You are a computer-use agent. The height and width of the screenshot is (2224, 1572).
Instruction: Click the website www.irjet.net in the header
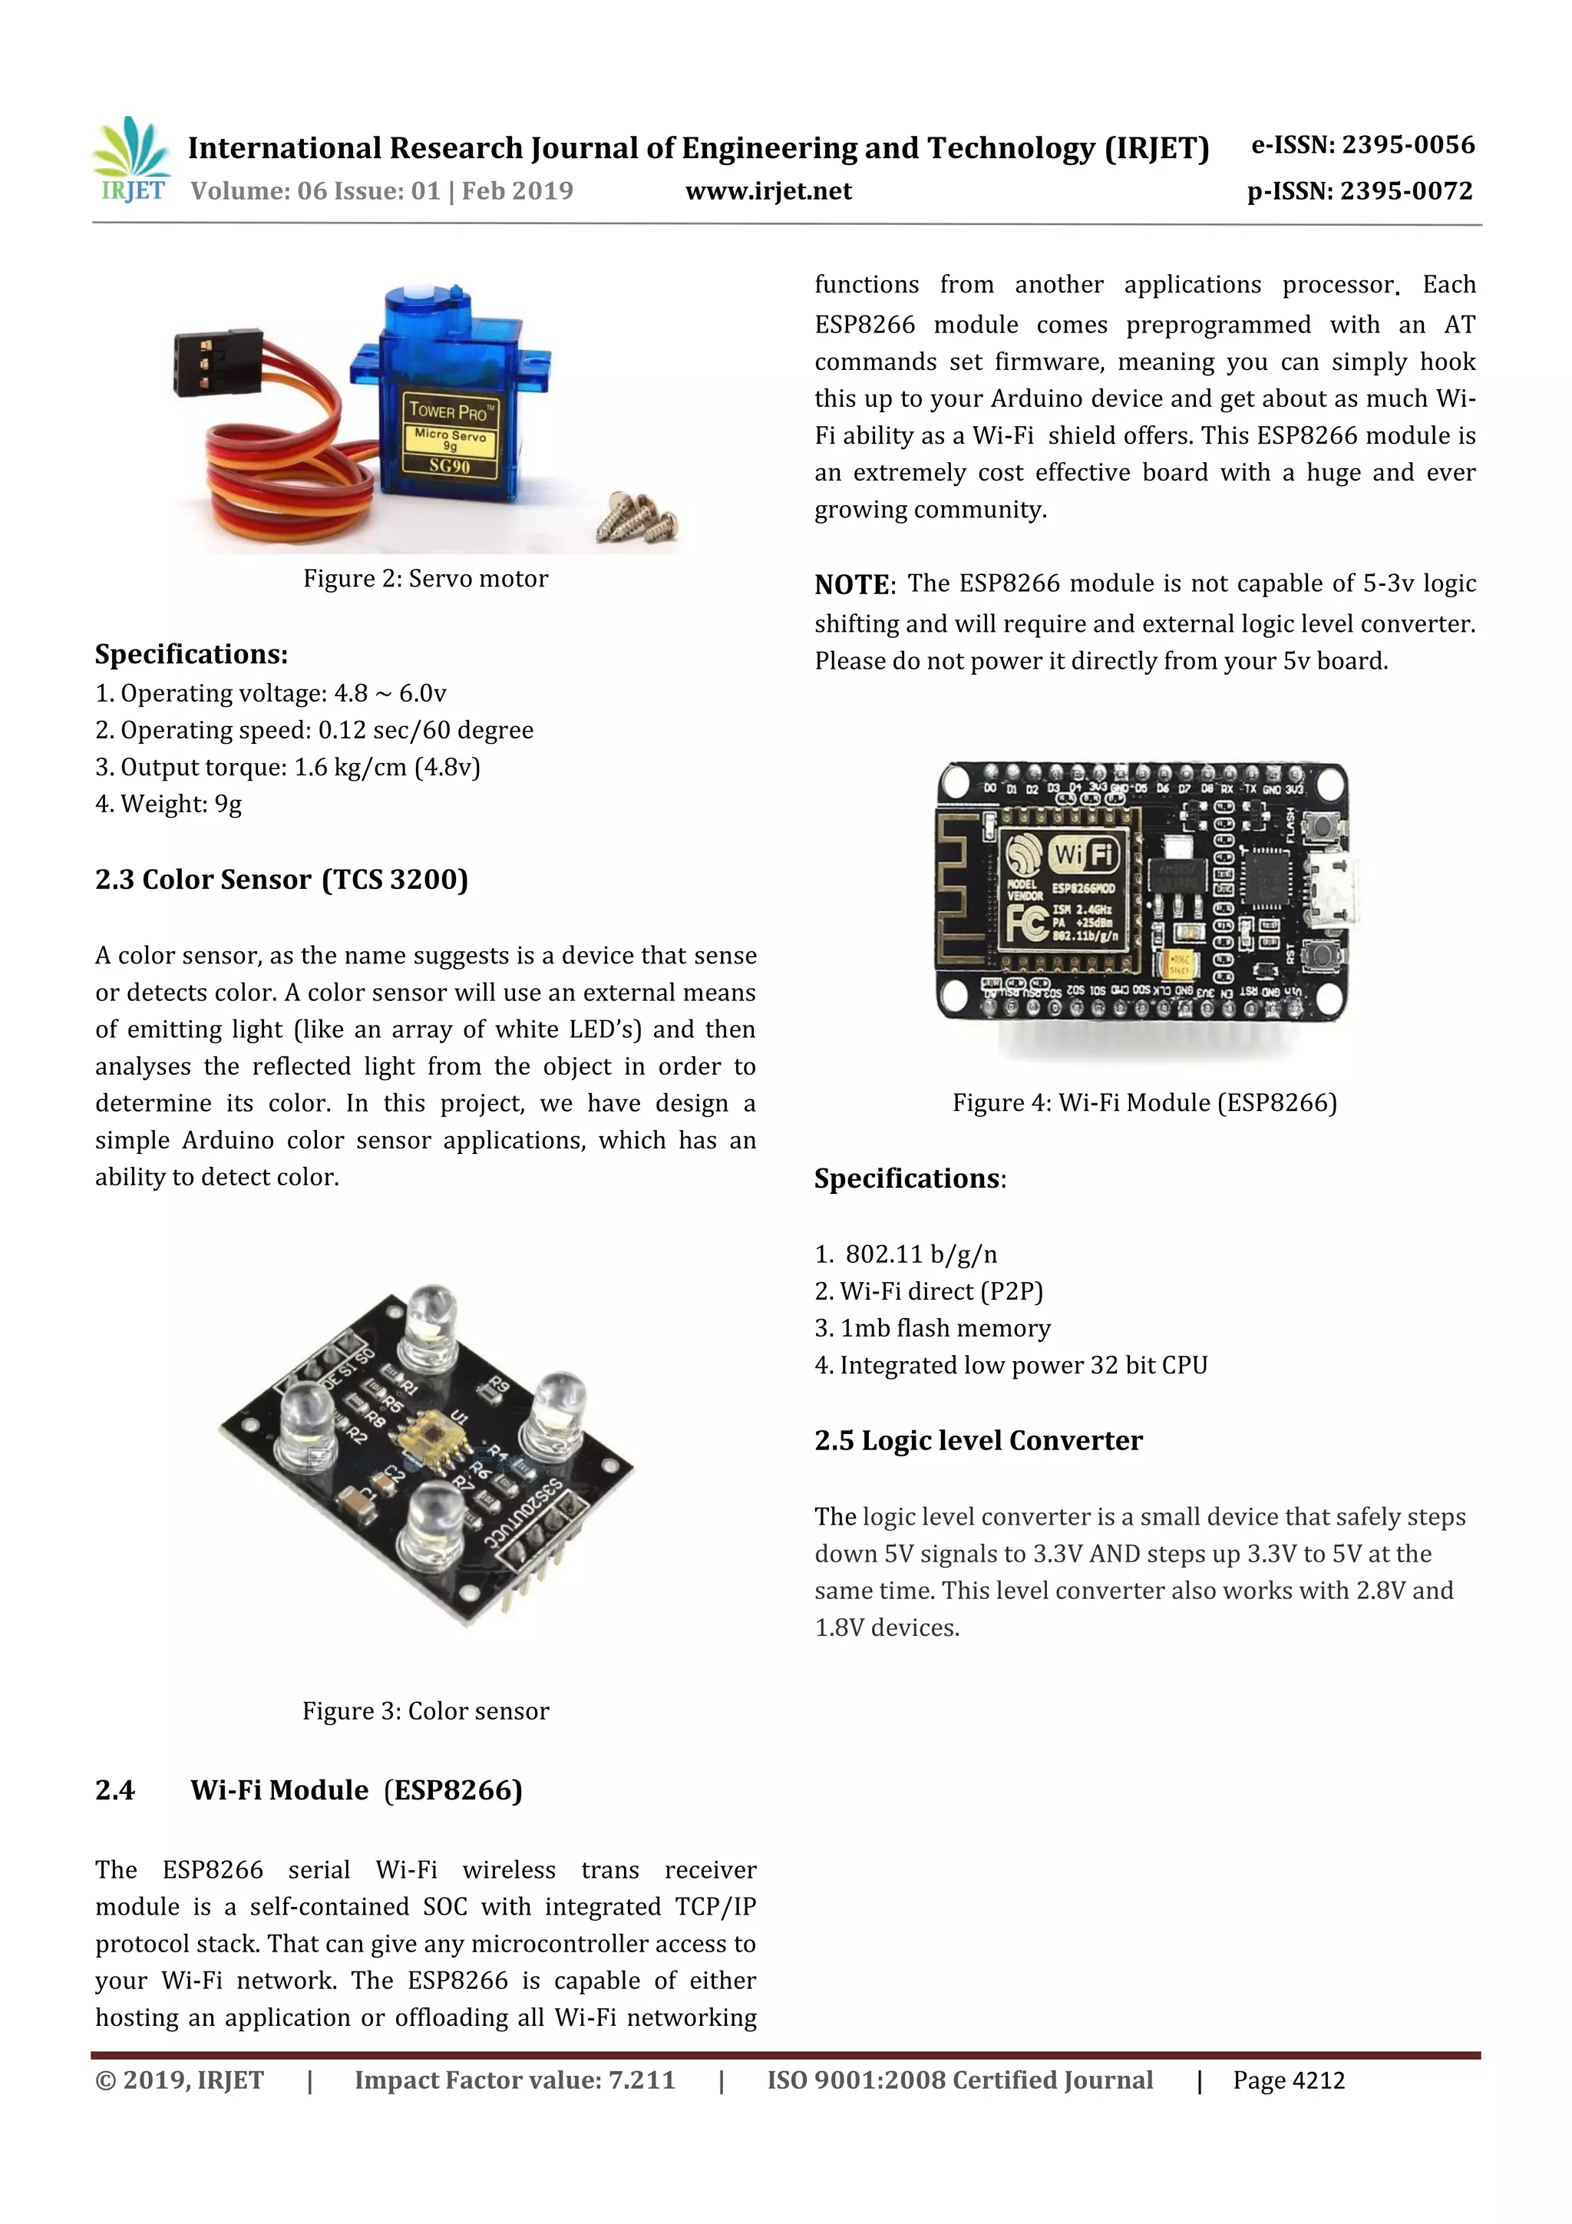768,192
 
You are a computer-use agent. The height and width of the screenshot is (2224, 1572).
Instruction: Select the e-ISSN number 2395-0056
1362,145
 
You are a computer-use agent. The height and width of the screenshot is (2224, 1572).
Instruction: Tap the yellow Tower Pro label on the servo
451,438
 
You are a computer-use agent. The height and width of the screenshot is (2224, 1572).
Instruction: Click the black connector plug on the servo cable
216,363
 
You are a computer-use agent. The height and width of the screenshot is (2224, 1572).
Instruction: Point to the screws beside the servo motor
637,517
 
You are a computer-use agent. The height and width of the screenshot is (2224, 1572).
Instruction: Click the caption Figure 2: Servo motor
425,578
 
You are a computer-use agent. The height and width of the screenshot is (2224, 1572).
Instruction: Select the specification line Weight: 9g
169,804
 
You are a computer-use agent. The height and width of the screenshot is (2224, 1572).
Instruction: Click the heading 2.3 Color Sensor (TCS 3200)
281,880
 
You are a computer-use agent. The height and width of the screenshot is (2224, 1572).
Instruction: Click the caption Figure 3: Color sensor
425,1710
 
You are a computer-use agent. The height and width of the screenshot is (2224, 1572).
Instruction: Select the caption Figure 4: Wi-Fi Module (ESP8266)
1144,1103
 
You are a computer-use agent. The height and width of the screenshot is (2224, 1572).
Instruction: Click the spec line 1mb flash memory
933,1328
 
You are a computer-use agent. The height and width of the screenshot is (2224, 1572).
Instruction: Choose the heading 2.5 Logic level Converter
977,1440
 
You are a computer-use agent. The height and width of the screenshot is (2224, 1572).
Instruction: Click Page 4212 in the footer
1287,2080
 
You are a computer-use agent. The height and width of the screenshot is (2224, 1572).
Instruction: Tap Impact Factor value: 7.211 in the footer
514,2080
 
